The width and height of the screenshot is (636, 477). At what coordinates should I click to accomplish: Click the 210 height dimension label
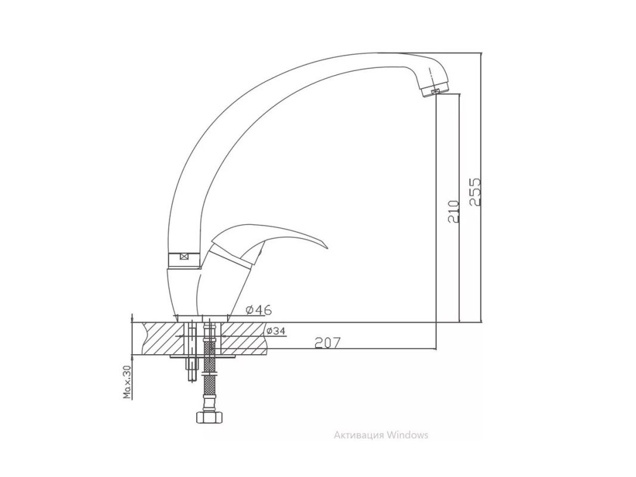tap(454, 211)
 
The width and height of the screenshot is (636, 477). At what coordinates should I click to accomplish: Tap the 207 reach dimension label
tap(327, 343)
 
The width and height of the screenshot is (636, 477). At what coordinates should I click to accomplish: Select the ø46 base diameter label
tap(259, 310)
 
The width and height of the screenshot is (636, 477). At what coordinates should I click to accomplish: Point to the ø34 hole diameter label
tap(276, 331)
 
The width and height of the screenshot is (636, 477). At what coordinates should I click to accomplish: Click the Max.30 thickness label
tap(128, 382)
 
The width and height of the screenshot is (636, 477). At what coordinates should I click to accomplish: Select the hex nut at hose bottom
tap(209, 417)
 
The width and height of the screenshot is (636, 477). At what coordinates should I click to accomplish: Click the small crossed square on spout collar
tap(184, 256)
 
